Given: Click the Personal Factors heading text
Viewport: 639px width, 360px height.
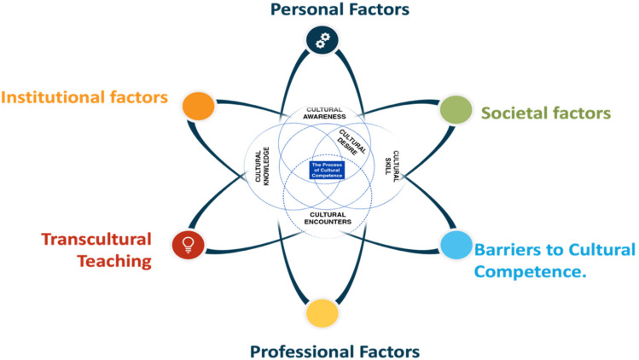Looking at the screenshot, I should [x=328, y=10].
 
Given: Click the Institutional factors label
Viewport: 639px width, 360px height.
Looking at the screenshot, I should [x=84, y=97].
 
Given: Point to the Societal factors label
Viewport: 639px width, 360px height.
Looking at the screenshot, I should [x=545, y=113].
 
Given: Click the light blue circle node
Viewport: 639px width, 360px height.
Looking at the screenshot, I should [x=454, y=245].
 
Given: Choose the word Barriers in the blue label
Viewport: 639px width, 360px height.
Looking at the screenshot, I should [x=504, y=251].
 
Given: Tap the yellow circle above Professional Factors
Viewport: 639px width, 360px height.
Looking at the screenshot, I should [x=322, y=311].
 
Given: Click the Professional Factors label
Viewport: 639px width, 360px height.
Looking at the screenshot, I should [x=334, y=351].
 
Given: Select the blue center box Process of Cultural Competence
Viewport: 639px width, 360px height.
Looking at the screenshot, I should [x=327, y=170].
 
